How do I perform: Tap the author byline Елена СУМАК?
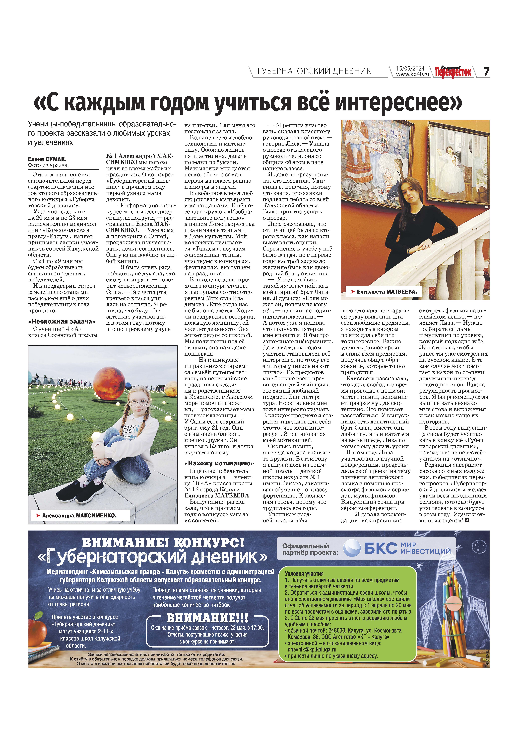click(x=47, y=159)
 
